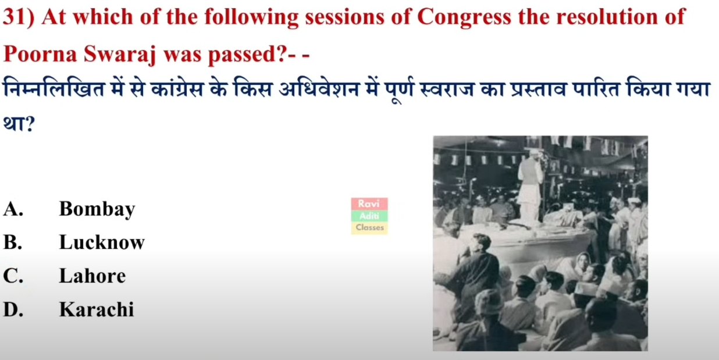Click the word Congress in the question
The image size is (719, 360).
[x=464, y=17]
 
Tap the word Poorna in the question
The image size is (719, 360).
[x=40, y=54]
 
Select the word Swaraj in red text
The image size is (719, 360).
[x=120, y=55]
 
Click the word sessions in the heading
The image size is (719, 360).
[x=344, y=17]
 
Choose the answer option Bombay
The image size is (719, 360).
[x=97, y=209]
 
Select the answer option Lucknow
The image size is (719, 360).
[x=102, y=242]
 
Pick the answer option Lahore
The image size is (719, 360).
[x=92, y=276]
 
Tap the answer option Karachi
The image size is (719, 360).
[x=97, y=309]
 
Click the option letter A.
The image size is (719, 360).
[x=13, y=209]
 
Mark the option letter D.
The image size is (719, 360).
[x=13, y=309]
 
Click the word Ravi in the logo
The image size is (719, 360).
[x=369, y=204]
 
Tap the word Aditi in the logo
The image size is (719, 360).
[x=369, y=216]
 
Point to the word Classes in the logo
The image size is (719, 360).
[x=369, y=227]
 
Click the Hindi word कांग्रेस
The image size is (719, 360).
[x=177, y=88]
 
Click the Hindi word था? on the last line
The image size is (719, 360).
[x=19, y=123]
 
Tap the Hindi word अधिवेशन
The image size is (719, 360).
[x=319, y=88]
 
